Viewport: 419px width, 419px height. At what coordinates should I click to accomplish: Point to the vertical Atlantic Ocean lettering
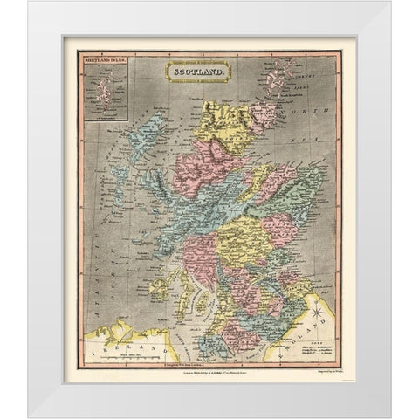click(96, 236)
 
